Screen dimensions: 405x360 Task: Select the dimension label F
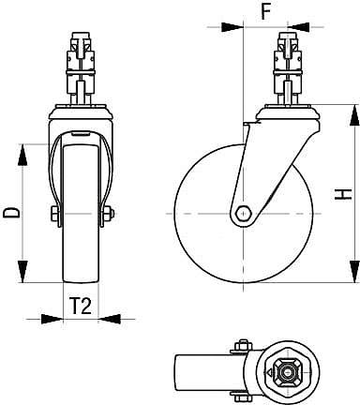pos(265,14)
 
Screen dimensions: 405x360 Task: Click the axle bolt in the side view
pos(243,213)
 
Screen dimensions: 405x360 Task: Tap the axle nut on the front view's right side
pos(109,217)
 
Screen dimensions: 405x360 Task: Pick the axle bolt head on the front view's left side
pos(54,217)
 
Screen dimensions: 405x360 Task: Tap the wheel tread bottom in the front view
pos(80,279)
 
